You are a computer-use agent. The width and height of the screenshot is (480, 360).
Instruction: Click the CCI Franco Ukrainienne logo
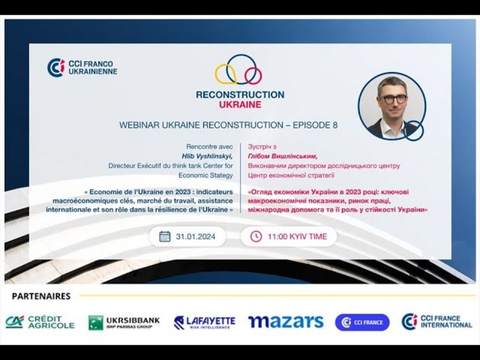click(x=82, y=67)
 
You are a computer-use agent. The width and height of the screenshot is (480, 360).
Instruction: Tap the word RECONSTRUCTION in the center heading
click(x=240, y=94)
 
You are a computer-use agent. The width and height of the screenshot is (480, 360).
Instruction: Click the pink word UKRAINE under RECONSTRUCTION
click(x=240, y=104)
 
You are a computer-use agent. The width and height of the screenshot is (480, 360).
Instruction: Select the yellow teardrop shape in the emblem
click(x=225, y=74)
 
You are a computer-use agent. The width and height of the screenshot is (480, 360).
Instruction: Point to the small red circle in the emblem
click(x=253, y=76)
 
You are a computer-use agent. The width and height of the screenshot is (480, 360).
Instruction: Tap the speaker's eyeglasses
click(x=391, y=99)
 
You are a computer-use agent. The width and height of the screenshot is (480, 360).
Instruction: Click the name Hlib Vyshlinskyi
click(x=207, y=156)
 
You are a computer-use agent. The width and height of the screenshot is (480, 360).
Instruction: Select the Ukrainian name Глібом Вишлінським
click(x=283, y=156)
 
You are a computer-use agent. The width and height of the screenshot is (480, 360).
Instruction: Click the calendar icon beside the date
click(x=165, y=236)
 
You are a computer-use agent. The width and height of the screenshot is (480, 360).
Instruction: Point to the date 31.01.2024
click(x=195, y=236)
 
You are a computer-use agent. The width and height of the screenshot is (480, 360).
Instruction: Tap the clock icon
click(x=256, y=236)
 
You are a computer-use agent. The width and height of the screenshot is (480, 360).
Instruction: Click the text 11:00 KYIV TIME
click(x=297, y=236)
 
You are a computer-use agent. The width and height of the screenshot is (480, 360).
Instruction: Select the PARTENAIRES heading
click(x=41, y=296)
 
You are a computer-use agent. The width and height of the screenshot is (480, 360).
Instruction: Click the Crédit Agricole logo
click(x=40, y=322)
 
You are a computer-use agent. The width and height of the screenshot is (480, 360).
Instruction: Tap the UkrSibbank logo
click(x=124, y=322)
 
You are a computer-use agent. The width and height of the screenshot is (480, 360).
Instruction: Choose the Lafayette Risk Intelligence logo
click(x=204, y=322)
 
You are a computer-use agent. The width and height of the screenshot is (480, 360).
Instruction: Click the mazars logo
click(x=286, y=322)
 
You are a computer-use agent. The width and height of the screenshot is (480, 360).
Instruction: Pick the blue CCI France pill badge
click(x=362, y=322)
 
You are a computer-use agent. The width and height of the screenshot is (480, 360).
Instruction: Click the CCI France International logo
click(x=437, y=322)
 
